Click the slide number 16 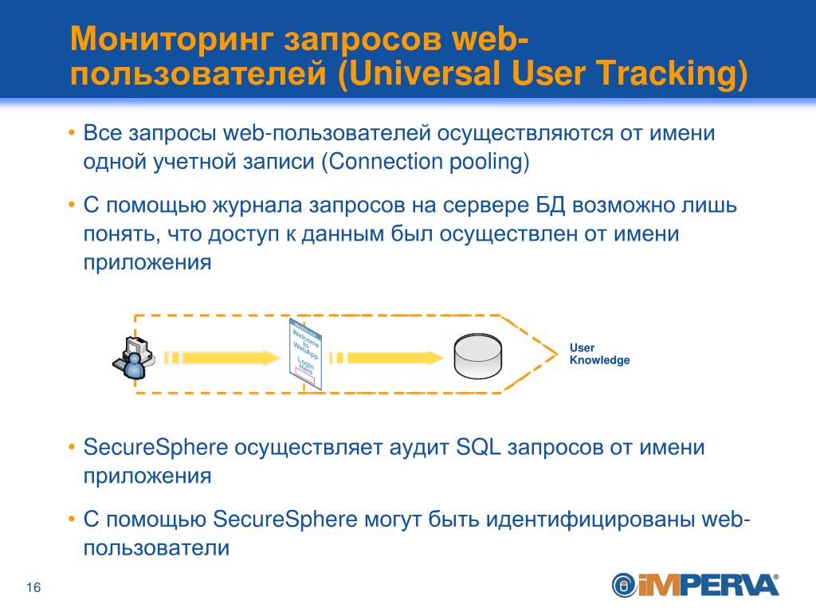pos(33,588)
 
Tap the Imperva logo pos(695,585)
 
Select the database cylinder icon pos(477,355)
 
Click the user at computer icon pos(133,358)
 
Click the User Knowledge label pos(599,354)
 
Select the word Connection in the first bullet pos(373,162)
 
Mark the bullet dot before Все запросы pos(72,132)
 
